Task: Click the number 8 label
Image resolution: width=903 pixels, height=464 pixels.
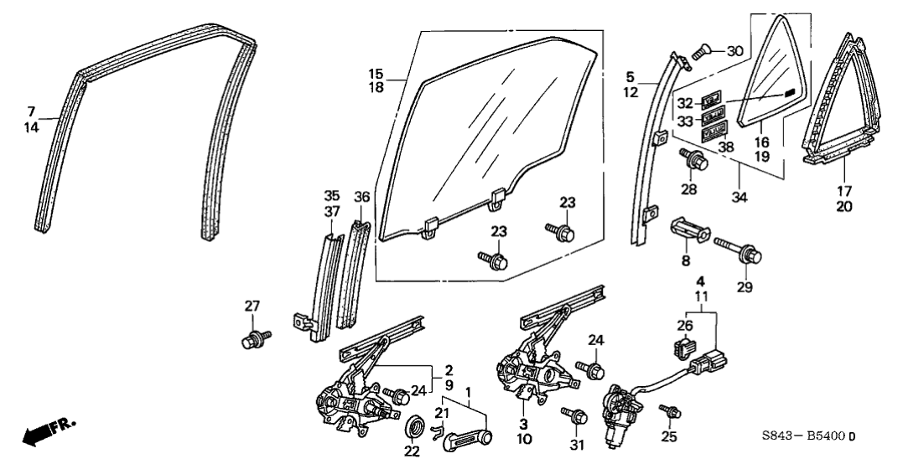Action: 685,261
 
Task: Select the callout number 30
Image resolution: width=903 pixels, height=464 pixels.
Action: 734,50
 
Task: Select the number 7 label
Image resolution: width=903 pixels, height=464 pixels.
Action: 31,111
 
